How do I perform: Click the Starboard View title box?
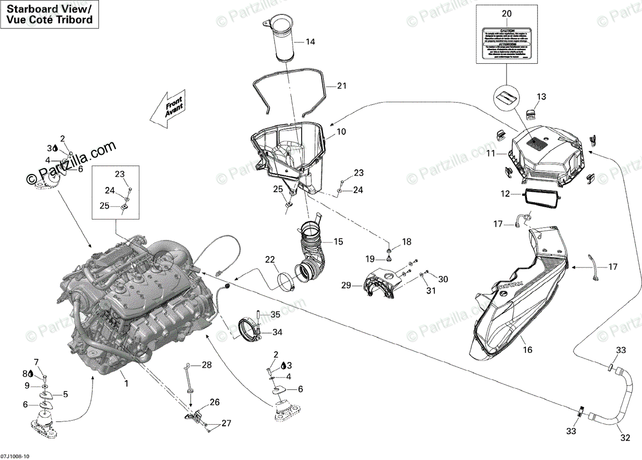tap(50, 14)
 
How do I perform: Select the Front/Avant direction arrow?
tap(167, 109)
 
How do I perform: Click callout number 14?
tap(310, 41)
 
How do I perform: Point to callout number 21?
tap(342, 86)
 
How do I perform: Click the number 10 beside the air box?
tap(341, 131)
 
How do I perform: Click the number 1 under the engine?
tap(126, 383)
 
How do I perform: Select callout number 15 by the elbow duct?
tap(338, 242)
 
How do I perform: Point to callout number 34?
tap(277, 332)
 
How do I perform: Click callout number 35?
tap(275, 314)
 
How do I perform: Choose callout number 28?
tap(207, 365)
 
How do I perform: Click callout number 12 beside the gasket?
tap(506, 194)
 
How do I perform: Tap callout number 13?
tap(541, 97)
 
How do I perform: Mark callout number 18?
tap(407, 242)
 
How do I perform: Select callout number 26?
tap(214, 402)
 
